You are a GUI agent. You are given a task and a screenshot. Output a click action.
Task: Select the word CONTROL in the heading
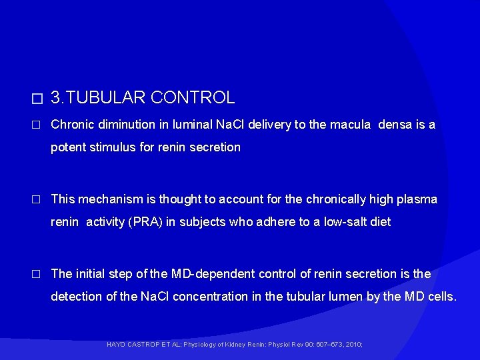(193, 98)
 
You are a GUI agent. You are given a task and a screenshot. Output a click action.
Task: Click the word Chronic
(70, 125)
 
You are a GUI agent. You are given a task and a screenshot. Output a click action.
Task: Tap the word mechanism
(105, 199)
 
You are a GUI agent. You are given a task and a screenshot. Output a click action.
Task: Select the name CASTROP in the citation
(145, 345)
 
